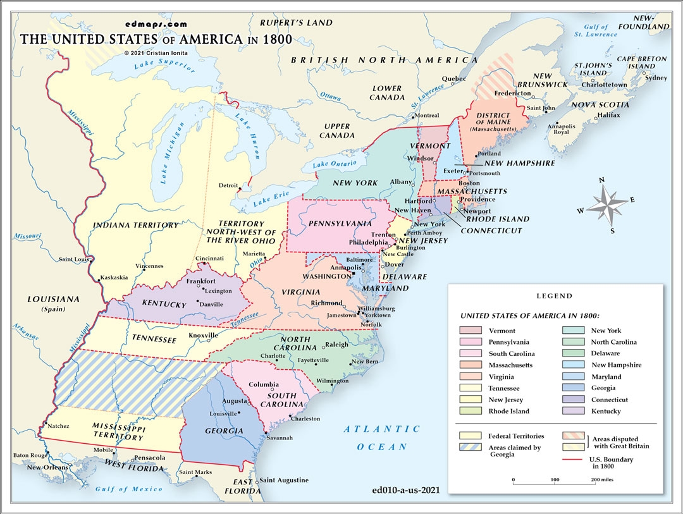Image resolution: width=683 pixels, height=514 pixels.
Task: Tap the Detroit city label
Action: click(228, 185)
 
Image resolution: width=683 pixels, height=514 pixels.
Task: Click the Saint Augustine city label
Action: click(284, 480)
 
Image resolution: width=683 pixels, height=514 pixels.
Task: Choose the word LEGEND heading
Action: click(554, 296)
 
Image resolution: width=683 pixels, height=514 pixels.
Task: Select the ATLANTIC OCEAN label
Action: click(382, 438)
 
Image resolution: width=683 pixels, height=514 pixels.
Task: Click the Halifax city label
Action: click(608, 115)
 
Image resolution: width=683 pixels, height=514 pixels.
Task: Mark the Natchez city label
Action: click(58, 426)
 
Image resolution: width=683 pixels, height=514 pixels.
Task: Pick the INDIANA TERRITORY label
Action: click(135, 225)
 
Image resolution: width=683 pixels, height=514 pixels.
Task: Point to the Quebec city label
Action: click(453, 79)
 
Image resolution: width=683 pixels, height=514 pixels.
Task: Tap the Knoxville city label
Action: click(203, 335)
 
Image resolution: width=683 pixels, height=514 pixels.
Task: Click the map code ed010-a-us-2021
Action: click(407, 489)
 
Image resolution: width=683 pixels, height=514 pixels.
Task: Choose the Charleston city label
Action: click(305, 419)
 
